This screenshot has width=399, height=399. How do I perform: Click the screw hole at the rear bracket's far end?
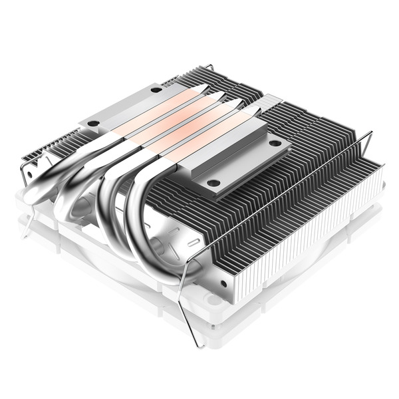click(156, 89)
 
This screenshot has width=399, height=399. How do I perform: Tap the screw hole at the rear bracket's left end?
click(93, 123)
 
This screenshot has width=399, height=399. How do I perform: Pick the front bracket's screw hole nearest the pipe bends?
click(213, 182)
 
